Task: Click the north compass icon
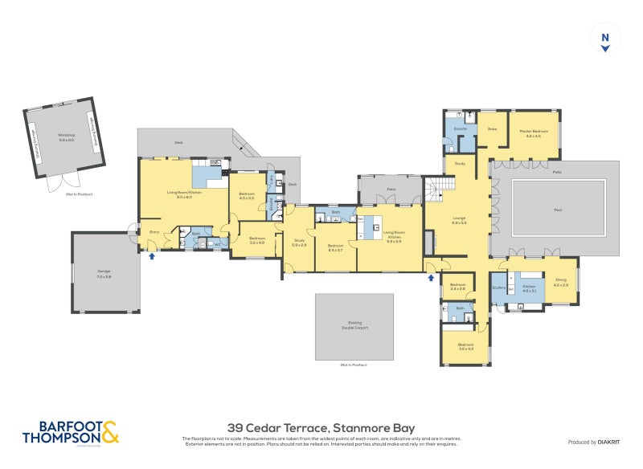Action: point(605,39)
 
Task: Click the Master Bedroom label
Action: point(533,133)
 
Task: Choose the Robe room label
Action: point(492,128)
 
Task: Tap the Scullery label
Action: point(498,287)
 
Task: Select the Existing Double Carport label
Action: point(354,324)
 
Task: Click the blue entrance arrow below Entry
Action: point(151,256)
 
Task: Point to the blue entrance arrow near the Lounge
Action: point(431,278)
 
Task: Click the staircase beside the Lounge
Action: point(440,190)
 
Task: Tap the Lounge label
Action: point(459,220)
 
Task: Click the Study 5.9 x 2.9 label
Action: point(299,243)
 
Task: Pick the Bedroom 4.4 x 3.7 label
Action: point(335,248)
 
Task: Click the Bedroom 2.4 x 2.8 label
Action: point(458,287)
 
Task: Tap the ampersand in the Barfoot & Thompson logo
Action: point(111,433)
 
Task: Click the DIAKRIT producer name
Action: point(608,442)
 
